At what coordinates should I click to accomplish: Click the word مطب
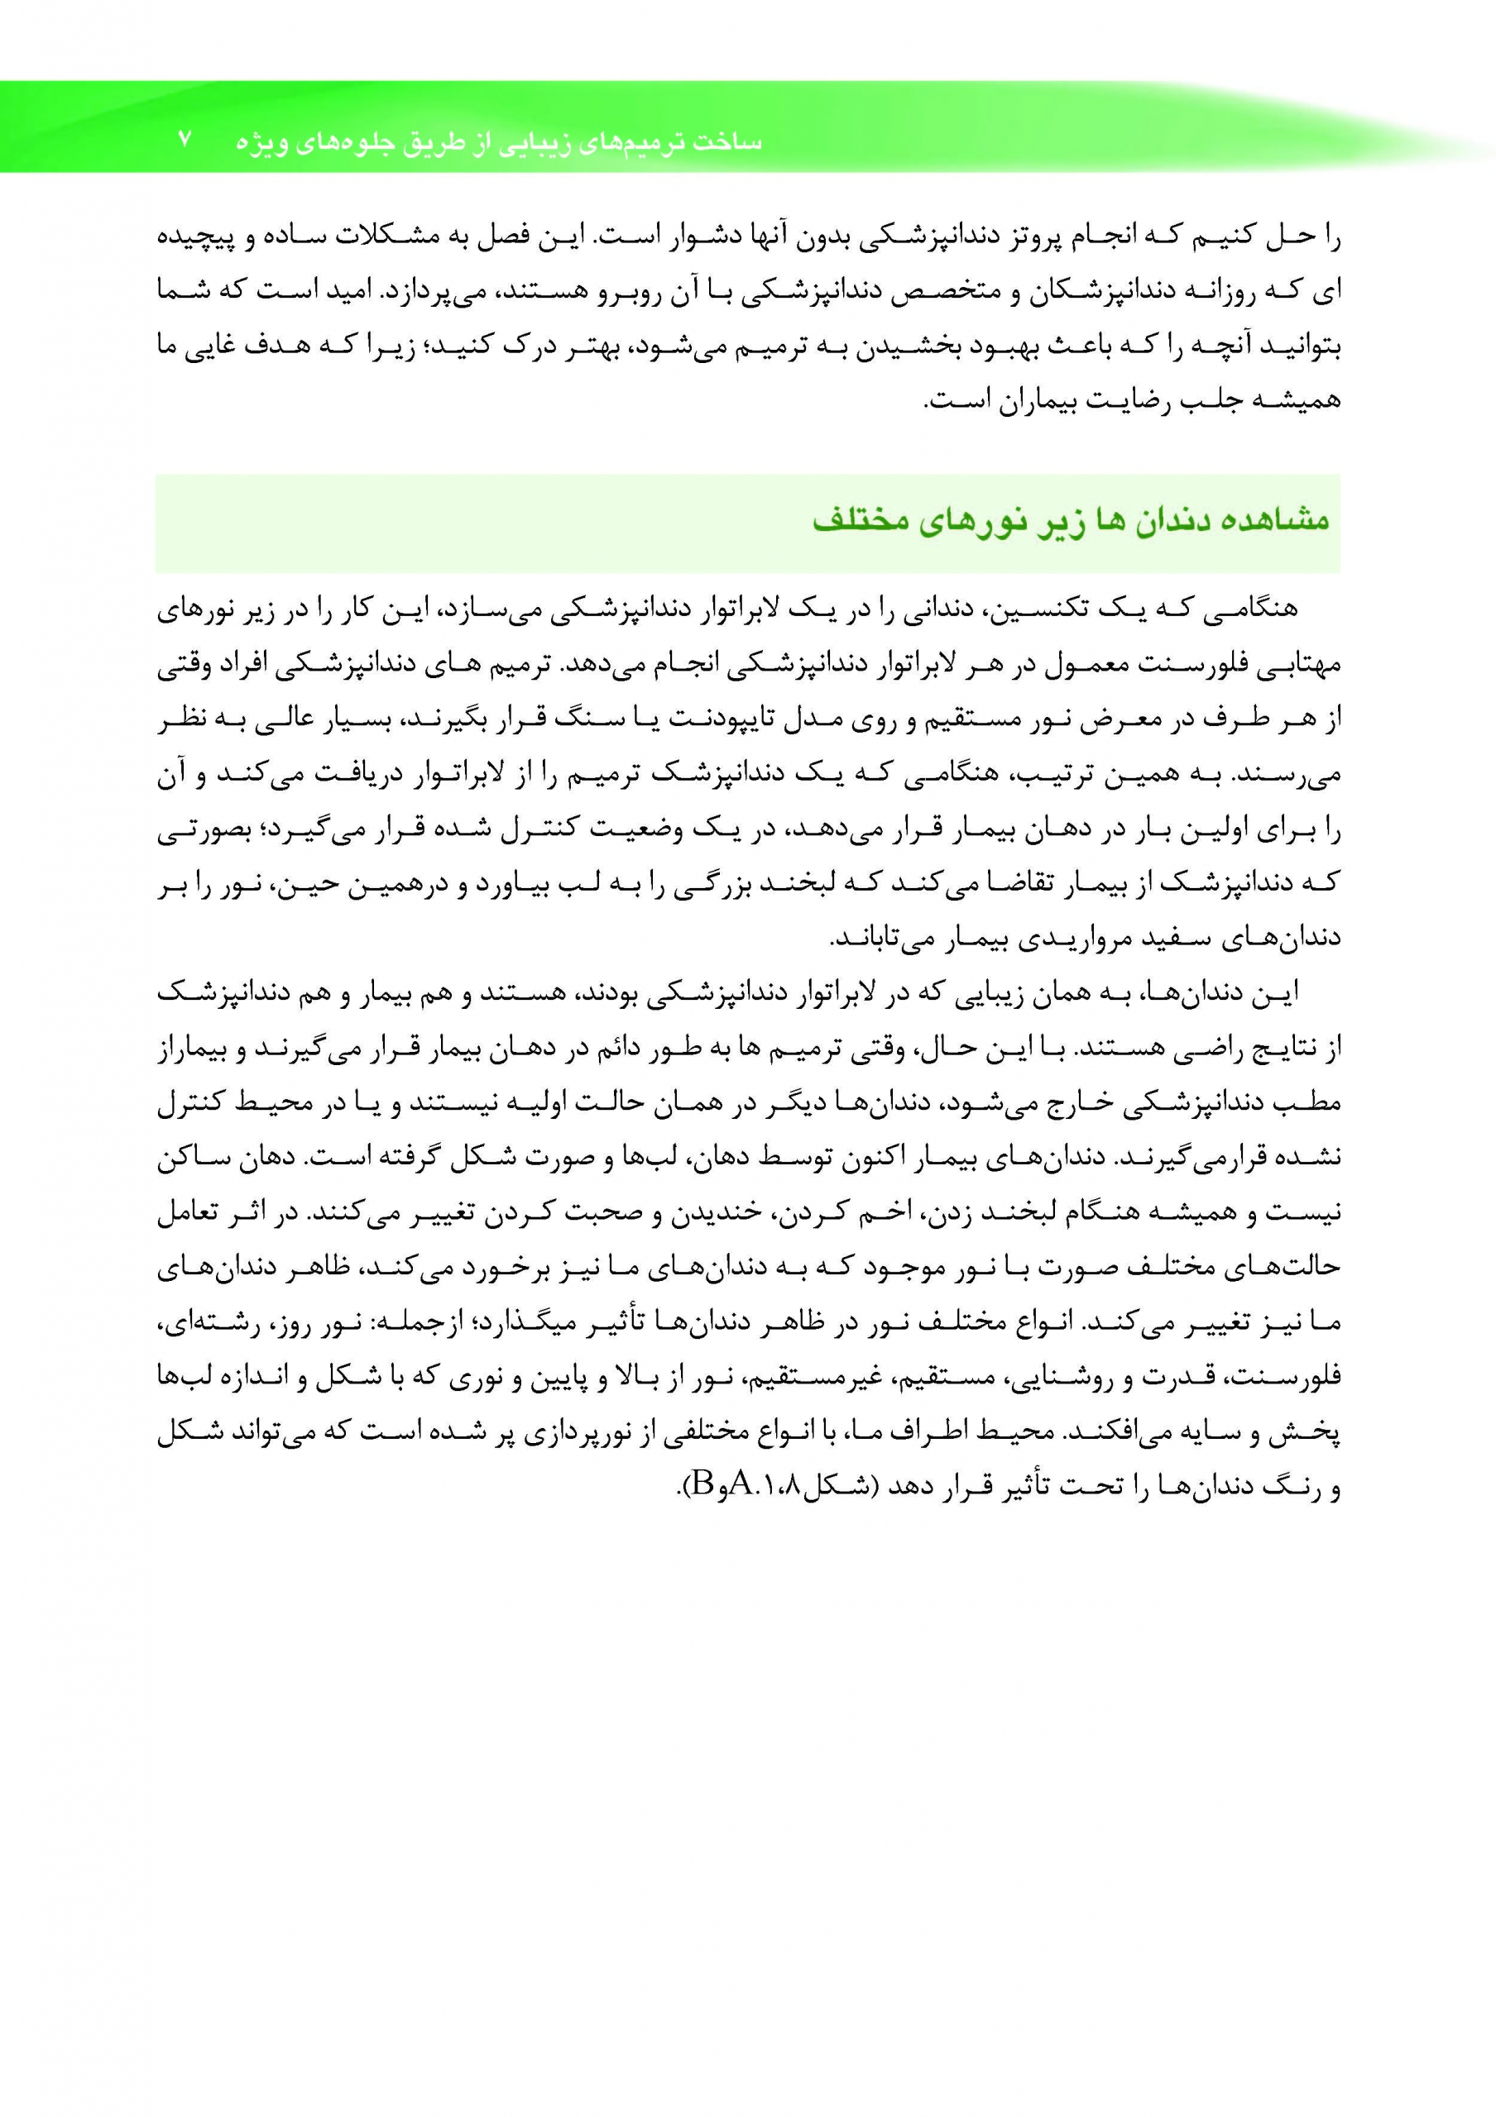(1318, 1104)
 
